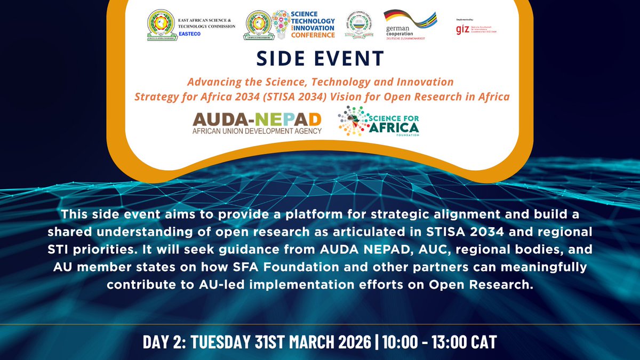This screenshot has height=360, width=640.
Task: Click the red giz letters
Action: tap(462, 29)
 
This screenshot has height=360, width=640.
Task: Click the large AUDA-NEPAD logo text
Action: tap(257, 118)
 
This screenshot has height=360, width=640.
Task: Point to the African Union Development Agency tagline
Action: tap(257, 131)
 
